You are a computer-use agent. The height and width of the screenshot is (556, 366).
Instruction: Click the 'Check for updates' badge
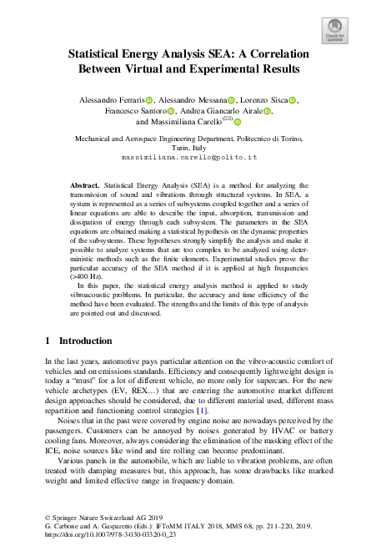pos(333,31)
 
